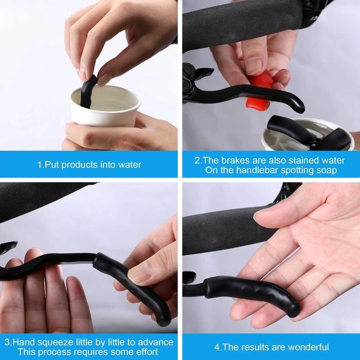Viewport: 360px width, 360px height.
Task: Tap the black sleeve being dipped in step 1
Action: [88, 91]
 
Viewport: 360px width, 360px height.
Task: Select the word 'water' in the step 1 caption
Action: [129, 165]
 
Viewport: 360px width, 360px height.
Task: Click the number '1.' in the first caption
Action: [40, 165]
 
